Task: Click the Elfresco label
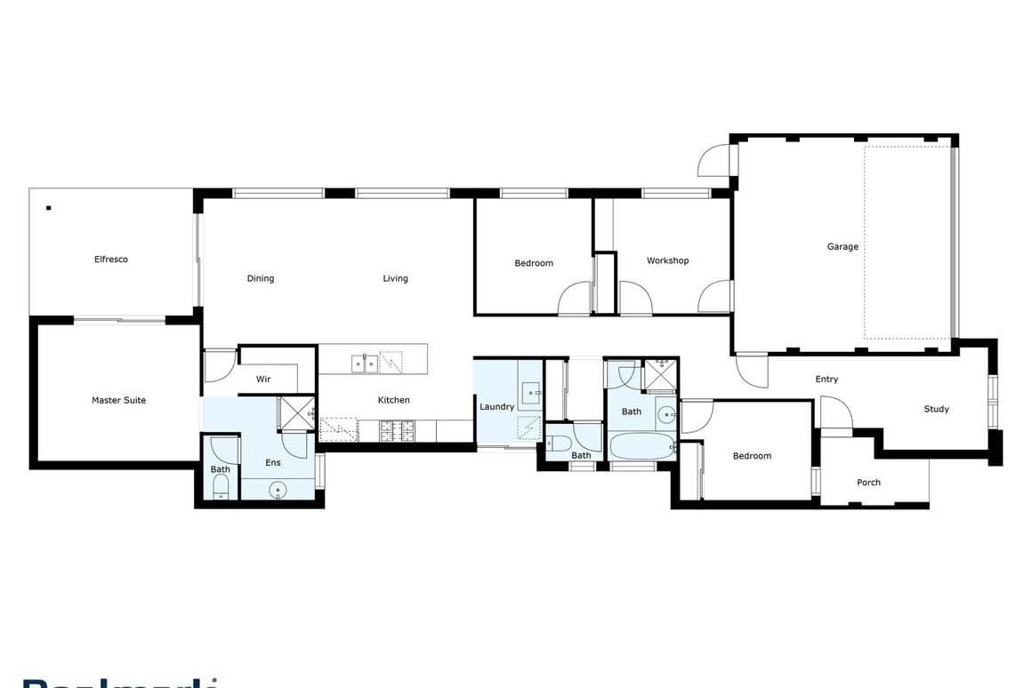(111, 260)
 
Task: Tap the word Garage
(843, 246)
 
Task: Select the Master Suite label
(118, 400)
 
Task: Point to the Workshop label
(667, 260)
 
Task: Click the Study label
(936, 409)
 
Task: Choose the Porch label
(868, 483)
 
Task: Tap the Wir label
(263, 380)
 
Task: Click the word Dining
(261, 278)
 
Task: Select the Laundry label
(496, 406)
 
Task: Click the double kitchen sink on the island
(363, 362)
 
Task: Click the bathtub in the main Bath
(641, 446)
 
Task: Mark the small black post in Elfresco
(49, 209)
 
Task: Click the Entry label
(826, 380)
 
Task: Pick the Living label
(395, 278)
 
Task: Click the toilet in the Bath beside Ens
(221, 486)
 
